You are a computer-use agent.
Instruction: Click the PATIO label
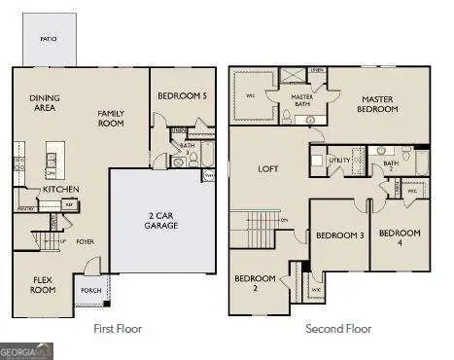coord(48,38)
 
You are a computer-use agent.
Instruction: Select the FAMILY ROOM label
coord(112,118)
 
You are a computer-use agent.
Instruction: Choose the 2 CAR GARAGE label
coord(162,219)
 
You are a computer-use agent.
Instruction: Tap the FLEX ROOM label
coord(43,284)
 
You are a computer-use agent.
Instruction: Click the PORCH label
coord(91,290)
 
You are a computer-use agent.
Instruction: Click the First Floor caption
coord(117,329)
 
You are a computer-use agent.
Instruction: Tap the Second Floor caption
coord(338,329)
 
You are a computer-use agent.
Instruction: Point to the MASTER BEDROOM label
coord(379,104)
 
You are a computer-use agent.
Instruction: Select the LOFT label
coord(268,168)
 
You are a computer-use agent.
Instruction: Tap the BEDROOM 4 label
coord(400,237)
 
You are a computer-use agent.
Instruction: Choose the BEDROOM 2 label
coord(255,283)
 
